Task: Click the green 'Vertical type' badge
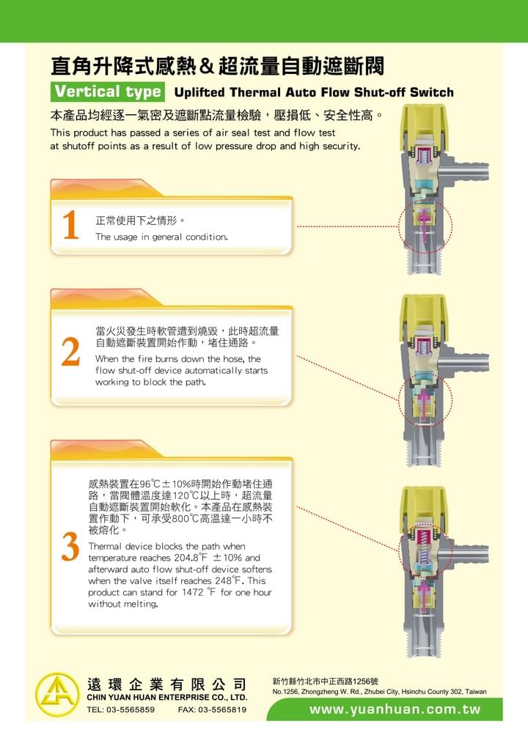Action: [108, 92]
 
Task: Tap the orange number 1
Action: [70, 224]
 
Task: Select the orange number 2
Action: [71, 352]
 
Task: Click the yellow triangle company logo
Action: [57, 695]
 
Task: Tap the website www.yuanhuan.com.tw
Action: [395, 709]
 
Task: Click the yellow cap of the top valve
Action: [423, 122]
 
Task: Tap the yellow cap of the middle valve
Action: [423, 311]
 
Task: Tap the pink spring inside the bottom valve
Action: [423, 536]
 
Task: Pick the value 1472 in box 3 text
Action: [192, 592]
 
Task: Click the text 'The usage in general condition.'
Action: [161, 237]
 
